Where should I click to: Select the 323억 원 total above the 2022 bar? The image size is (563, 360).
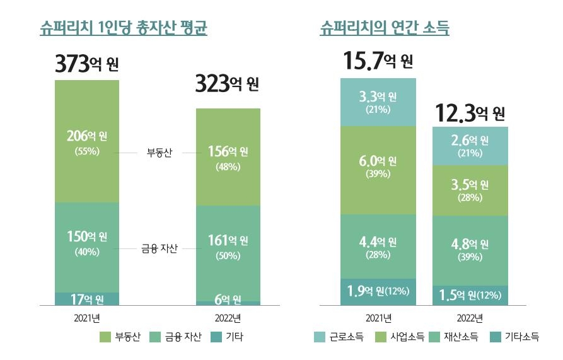227,84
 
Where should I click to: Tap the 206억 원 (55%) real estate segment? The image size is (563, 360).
87,141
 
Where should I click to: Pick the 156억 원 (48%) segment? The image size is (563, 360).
228,158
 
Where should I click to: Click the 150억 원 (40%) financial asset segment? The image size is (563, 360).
87,243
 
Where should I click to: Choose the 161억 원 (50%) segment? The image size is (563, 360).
228,247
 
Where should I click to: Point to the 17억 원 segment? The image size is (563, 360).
87,299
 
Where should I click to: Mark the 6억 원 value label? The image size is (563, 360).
228,299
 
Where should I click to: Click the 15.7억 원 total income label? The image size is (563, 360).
378,61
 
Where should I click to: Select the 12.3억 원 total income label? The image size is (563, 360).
470,113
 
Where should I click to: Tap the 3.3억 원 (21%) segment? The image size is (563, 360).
378,102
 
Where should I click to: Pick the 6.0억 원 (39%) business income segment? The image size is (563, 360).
378,167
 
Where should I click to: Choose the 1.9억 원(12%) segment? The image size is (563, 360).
378,291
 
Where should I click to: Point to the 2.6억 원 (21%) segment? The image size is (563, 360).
470,146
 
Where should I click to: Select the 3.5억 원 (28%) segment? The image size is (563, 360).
470,190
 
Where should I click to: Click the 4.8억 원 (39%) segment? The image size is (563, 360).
470,250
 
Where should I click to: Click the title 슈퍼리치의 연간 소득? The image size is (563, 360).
388,28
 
